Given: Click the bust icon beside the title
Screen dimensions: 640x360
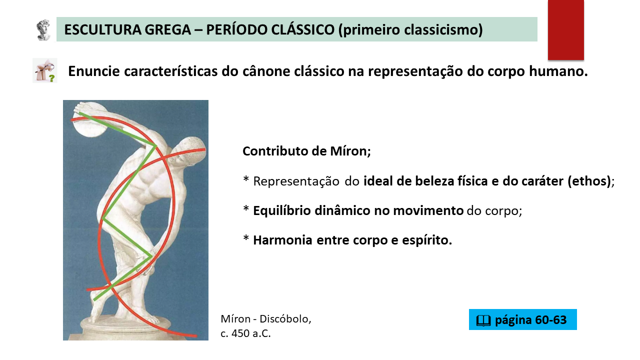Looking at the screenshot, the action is click(43, 29).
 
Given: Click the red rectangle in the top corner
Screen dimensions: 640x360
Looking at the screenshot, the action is click(565, 29).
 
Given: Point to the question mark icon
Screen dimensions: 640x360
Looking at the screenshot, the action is click(45, 70).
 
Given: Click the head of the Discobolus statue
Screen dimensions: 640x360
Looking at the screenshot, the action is click(191, 150).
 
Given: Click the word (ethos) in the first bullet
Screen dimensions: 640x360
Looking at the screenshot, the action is click(589, 181).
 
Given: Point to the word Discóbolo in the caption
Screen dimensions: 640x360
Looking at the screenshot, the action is click(284, 319).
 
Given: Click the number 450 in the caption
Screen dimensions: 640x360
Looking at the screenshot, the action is click(240, 333).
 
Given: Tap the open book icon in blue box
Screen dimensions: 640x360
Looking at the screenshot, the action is click(483, 320).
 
